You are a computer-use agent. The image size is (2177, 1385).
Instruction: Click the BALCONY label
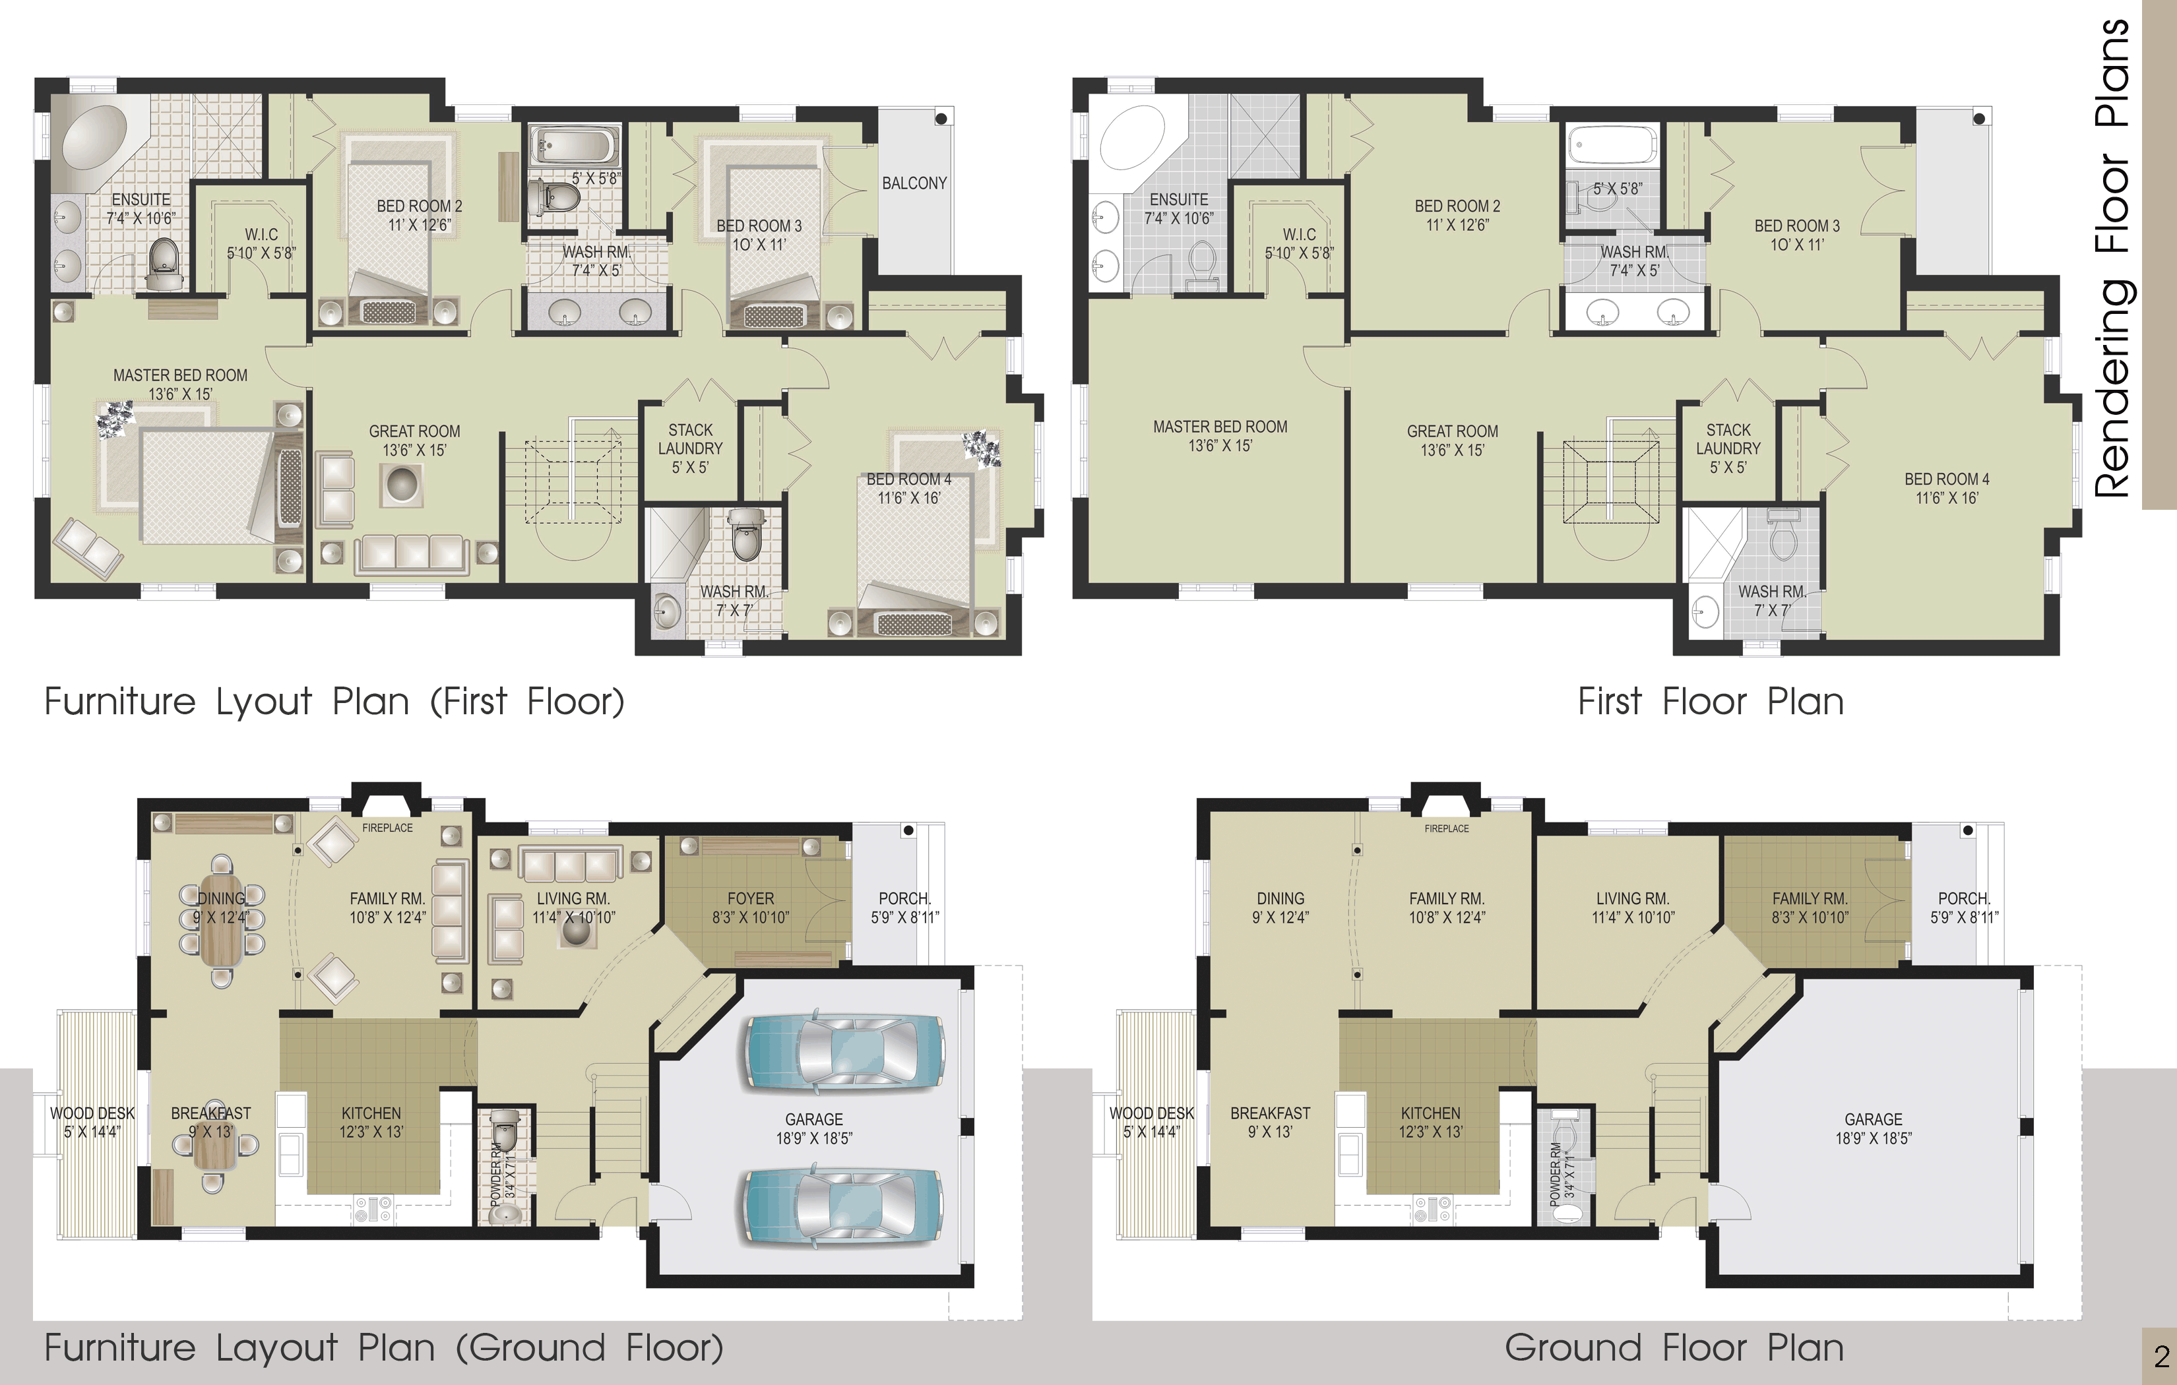click(x=914, y=183)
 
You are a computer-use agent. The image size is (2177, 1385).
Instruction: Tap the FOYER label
click(x=750, y=899)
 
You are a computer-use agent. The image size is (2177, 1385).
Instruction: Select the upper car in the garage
click(x=844, y=1051)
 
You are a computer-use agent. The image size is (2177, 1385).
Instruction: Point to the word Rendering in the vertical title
click(x=2114, y=388)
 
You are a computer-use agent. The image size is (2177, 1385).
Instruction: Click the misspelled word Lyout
click(x=264, y=702)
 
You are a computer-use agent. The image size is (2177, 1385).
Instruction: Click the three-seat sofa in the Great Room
click(x=412, y=553)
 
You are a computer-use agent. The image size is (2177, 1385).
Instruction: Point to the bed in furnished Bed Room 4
click(x=915, y=553)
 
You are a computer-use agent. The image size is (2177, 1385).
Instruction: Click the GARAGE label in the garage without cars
click(x=1874, y=1119)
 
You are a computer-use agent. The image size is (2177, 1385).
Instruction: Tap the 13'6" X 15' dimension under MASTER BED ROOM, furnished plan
click(x=181, y=394)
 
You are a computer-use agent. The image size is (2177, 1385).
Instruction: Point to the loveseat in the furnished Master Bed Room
click(x=88, y=549)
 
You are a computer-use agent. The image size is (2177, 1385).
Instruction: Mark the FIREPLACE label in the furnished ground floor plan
click(x=387, y=828)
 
